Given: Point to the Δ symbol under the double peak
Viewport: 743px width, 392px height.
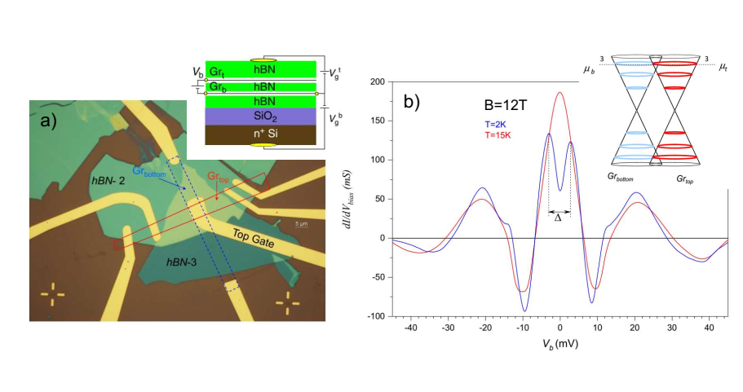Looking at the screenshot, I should (559, 218).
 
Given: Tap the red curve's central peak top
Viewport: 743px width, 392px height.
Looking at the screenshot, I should (559, 92).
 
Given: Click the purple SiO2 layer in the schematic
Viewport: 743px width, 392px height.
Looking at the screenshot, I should (259, 117).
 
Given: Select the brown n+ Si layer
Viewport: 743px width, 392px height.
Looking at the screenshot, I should (259, 135).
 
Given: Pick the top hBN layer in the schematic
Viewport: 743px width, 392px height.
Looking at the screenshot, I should (259, 68).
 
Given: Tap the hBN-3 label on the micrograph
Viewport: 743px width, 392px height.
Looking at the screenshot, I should (184, 263).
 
